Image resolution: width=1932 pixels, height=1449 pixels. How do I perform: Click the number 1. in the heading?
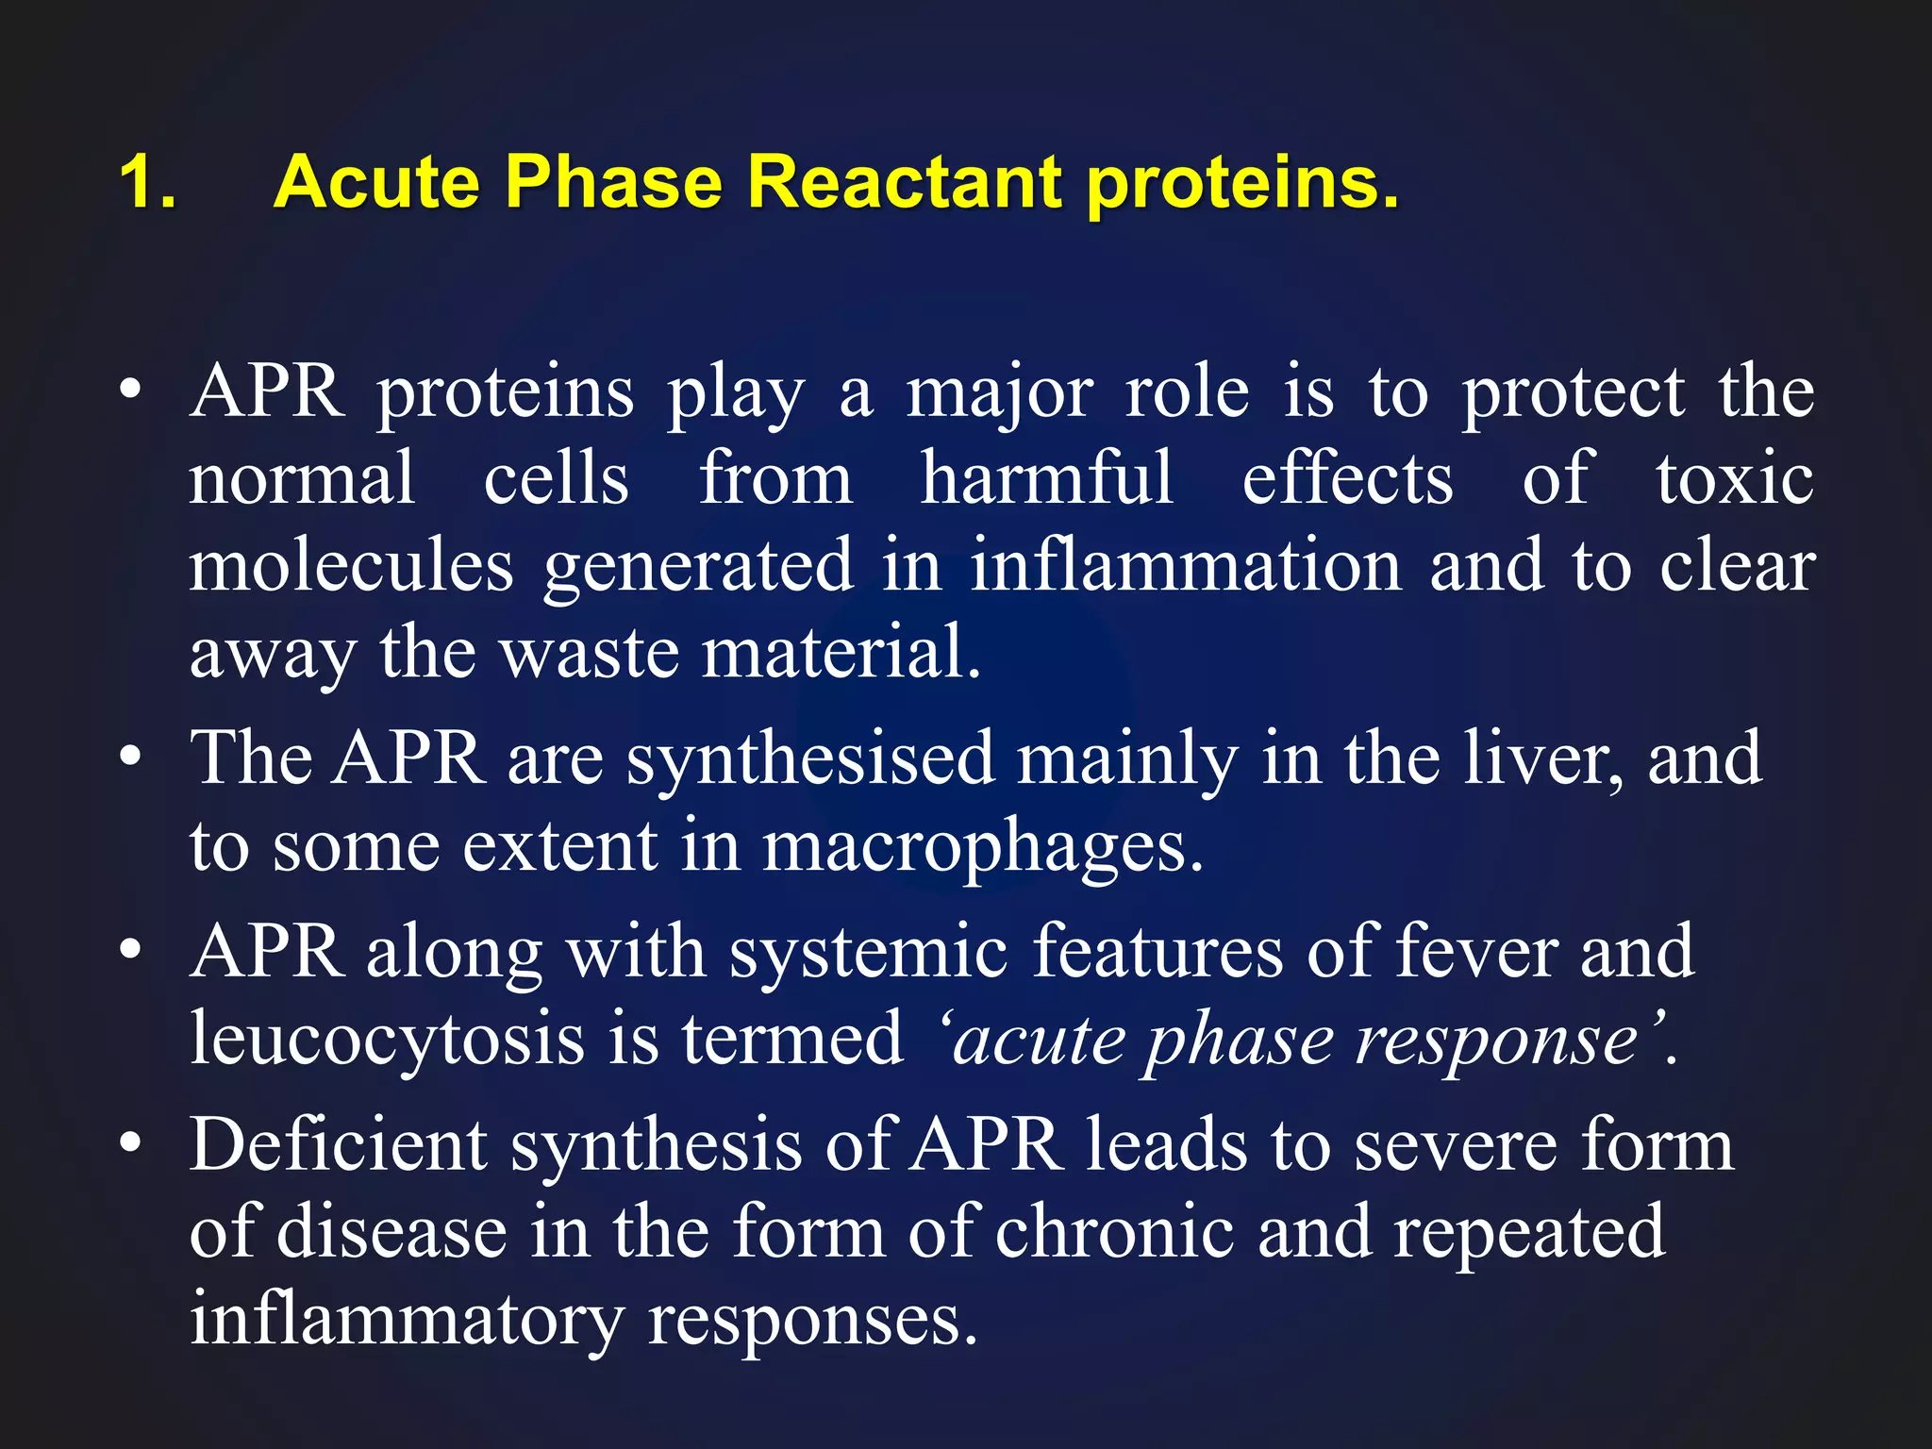pos(148,181)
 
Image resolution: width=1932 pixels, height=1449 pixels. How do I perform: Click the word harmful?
pos(1047,478)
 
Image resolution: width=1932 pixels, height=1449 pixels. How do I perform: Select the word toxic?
pos(1735,478)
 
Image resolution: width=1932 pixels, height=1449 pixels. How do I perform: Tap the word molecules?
pos(351,564)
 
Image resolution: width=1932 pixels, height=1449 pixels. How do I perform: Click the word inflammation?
pos(1186,564)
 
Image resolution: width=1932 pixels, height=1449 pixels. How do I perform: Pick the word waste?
pos(590,651)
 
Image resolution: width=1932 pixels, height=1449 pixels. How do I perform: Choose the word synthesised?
pos(810,760)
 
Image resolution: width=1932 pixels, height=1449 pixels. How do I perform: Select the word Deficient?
pos(338,1144)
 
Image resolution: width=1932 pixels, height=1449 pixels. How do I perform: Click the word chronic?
pos(1114,1231)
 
